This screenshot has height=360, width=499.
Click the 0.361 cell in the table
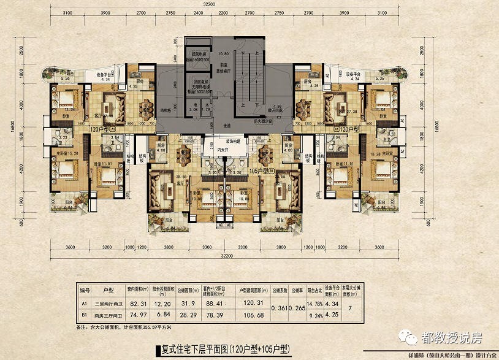(281, 308)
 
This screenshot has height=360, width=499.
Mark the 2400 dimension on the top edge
(199, 12)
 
